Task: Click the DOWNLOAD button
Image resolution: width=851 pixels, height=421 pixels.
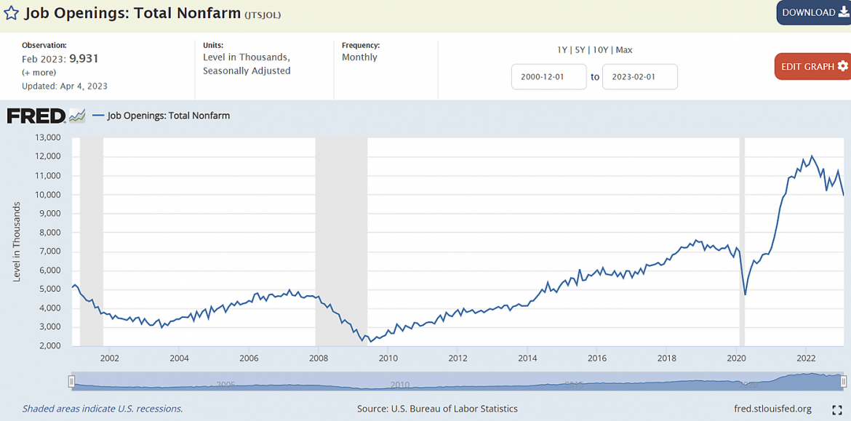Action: [813, 12]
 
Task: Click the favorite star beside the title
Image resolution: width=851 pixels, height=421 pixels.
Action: [11, 13]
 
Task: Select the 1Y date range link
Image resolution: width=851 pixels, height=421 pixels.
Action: [562, 50]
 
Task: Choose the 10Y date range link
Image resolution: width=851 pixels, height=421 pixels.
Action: [600, 50]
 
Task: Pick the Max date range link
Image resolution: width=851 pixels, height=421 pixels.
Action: [624, 50]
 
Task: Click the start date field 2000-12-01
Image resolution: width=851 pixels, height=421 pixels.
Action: [548, 76]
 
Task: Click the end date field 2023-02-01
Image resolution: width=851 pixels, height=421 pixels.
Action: [639, 76]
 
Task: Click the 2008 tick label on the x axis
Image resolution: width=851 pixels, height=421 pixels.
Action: [318, 358]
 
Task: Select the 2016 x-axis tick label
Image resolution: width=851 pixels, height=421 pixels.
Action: [596, 358]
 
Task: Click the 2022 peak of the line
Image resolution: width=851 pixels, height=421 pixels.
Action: [812, 156]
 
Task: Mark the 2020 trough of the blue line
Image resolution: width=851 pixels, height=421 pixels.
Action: [745, 294]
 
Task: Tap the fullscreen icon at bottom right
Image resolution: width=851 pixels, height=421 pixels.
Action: [836, 409]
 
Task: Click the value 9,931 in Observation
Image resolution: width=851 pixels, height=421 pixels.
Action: [84, 59]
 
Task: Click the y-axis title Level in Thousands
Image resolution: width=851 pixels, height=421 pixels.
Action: [17, 241]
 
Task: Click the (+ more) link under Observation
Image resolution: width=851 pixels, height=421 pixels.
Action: [39, 73]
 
